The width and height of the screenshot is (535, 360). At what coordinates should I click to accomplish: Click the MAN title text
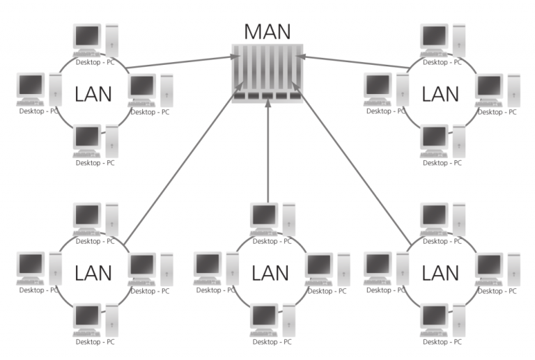(268, 31)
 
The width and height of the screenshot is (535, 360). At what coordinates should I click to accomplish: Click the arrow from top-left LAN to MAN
(181, 61)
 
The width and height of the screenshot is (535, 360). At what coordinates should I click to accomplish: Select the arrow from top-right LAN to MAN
(355, 61)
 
